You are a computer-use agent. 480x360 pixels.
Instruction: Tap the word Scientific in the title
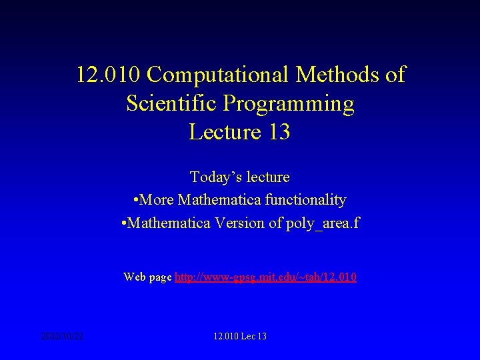point(171,103)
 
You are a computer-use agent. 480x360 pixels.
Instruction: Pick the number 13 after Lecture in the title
point(278,132)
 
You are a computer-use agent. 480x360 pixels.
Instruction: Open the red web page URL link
point(265,277)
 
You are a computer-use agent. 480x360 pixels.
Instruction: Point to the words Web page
point(147,277)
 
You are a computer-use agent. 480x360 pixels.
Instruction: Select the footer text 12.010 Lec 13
point(240,336)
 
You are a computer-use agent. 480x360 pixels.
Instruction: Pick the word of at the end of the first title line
point(395,75)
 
